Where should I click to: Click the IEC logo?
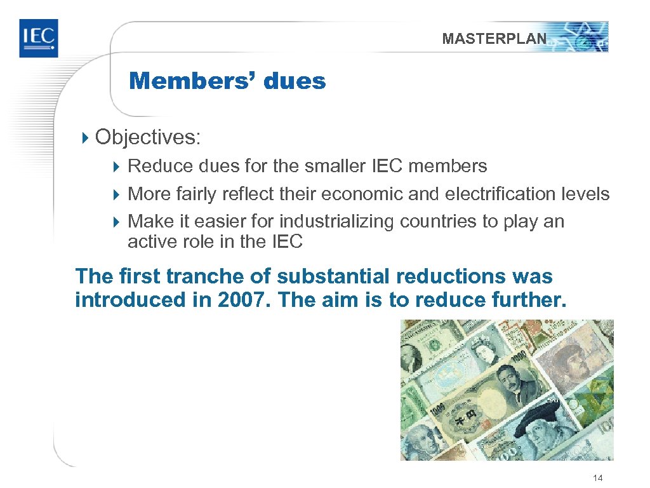coord(38,38)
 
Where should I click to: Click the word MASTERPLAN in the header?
coord(494,39)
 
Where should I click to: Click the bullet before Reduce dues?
coord(116,167)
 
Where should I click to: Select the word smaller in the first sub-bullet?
coord(332,166)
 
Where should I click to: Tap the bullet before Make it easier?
coord(116,222)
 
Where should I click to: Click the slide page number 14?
coord(597,478)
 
